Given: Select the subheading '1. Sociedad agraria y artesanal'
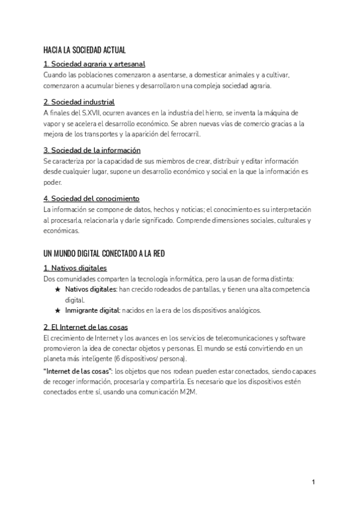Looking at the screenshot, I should pos(94,64).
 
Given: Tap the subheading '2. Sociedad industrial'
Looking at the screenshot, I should pos(79,102).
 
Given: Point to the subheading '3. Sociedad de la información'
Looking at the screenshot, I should pos(92,150).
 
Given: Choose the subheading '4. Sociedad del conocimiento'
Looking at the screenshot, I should pos(91,198).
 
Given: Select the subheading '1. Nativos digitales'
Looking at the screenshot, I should pos(75,268).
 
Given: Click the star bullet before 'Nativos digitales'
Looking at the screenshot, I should pos(58,289).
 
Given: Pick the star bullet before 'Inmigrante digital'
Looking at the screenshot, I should pos(58,311).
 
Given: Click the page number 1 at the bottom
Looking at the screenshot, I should pos(313,482).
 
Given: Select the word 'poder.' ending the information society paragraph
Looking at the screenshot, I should pos(53,182).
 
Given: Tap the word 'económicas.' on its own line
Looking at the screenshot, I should pos(61,230).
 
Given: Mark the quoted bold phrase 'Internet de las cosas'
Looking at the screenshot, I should pos(79,372).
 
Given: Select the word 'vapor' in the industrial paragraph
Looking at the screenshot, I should pos(52,124).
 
